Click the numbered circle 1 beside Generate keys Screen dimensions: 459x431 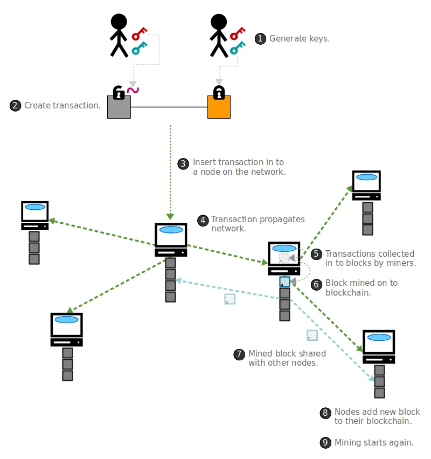[x=260, y=38]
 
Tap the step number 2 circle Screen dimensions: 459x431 [x=16, y=106]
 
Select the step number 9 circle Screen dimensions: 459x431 [x=325, y=443]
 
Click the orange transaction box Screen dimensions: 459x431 [x=219, y=107]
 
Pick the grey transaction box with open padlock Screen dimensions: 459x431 [x=119, y=107]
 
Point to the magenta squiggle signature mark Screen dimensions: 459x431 [x=132, y=89]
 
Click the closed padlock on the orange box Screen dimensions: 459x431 [x=219, y=92]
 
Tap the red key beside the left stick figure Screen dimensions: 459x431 [x=140, y=34]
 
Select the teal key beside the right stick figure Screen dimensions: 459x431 [x=238, y=49]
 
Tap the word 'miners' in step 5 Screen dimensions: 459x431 [x=401, y=263]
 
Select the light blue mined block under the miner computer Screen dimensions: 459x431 [x=284, y=282]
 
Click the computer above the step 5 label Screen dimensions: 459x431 [x=366, y=185]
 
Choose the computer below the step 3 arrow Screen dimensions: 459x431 [x=171, y=239]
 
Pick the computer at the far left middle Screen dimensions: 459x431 [x=35, y=215]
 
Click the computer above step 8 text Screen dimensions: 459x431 [x=379, y=346]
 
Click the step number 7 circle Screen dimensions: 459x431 [x=239, y=354]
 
